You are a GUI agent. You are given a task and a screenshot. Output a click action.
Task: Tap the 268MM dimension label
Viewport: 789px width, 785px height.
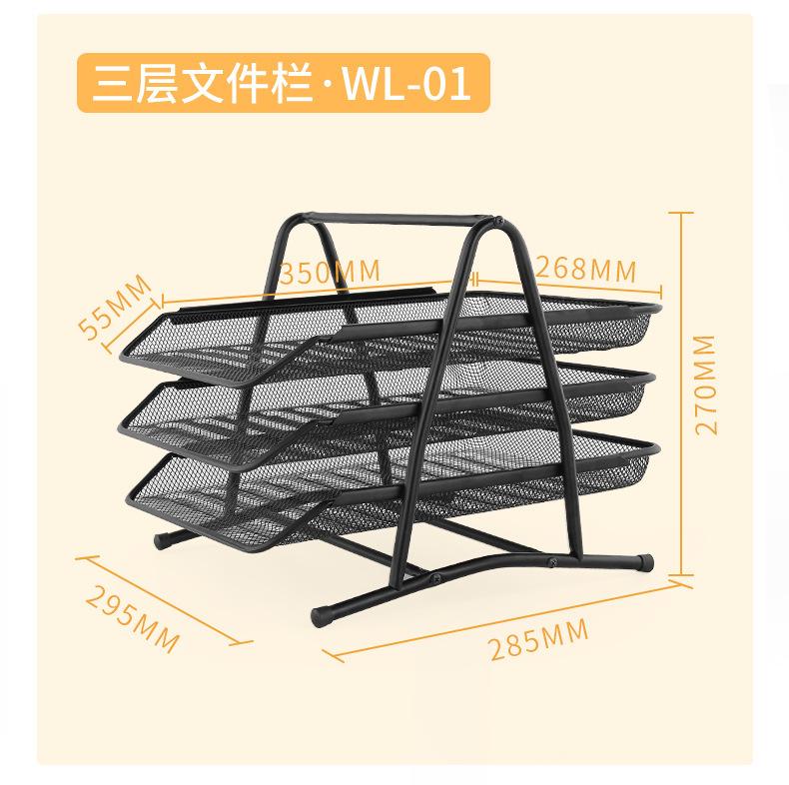tap(585, 268)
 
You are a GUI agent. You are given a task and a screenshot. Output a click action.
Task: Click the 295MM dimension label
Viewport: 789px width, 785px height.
tap(133, 616)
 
